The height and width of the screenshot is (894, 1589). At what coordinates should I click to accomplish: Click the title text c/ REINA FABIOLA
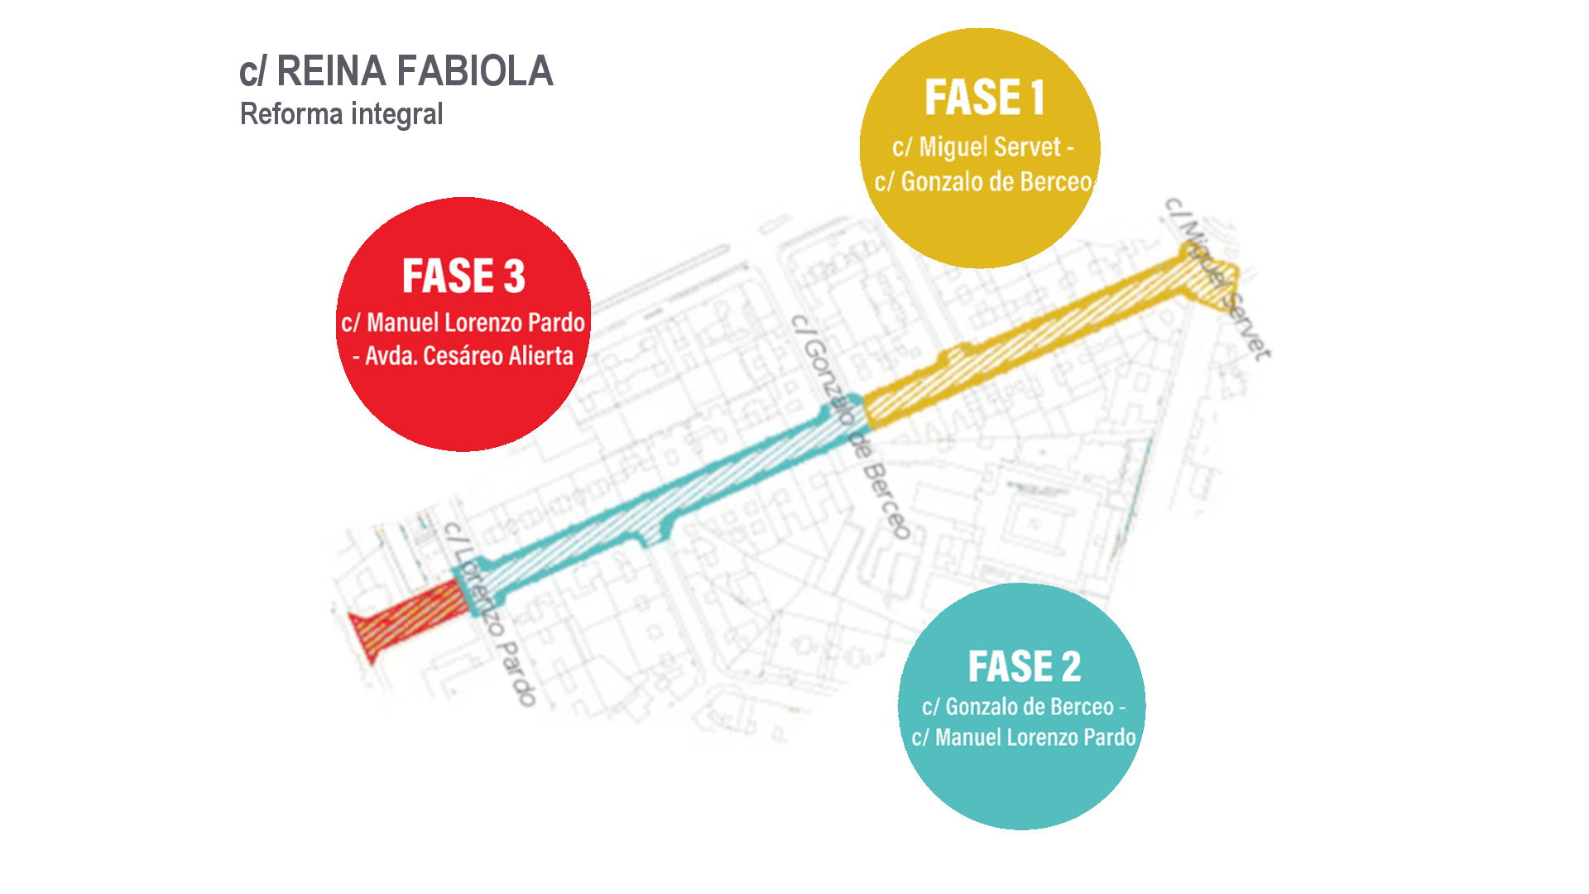pos(396,71)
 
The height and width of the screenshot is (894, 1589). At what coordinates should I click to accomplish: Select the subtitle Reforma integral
pos(341,114)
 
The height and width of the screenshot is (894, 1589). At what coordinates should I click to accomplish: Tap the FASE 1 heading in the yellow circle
pos(984,98)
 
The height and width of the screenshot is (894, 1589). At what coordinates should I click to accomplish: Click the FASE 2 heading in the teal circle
pos(1024,666)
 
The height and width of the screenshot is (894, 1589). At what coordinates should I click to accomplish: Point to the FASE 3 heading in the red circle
pos(463,276)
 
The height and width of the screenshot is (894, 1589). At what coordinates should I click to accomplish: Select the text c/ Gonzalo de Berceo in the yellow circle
pos(983,182)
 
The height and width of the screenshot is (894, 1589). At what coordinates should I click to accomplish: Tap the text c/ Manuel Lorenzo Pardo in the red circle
pos(463,323)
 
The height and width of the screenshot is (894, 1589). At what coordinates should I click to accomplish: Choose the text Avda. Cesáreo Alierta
pos(468,356)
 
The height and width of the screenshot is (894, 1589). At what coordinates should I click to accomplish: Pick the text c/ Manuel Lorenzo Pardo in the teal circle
pos(1024,738)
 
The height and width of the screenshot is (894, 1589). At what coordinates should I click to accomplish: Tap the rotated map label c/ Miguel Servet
pos(1217,278)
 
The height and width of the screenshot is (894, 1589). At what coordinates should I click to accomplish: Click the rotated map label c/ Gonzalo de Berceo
pos(851,426)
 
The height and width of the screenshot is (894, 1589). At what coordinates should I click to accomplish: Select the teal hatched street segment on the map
pos(662,497)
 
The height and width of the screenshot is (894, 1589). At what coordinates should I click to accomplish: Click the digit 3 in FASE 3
pos(514,276)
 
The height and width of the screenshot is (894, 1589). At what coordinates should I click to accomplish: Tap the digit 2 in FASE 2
pos(1071,667)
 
